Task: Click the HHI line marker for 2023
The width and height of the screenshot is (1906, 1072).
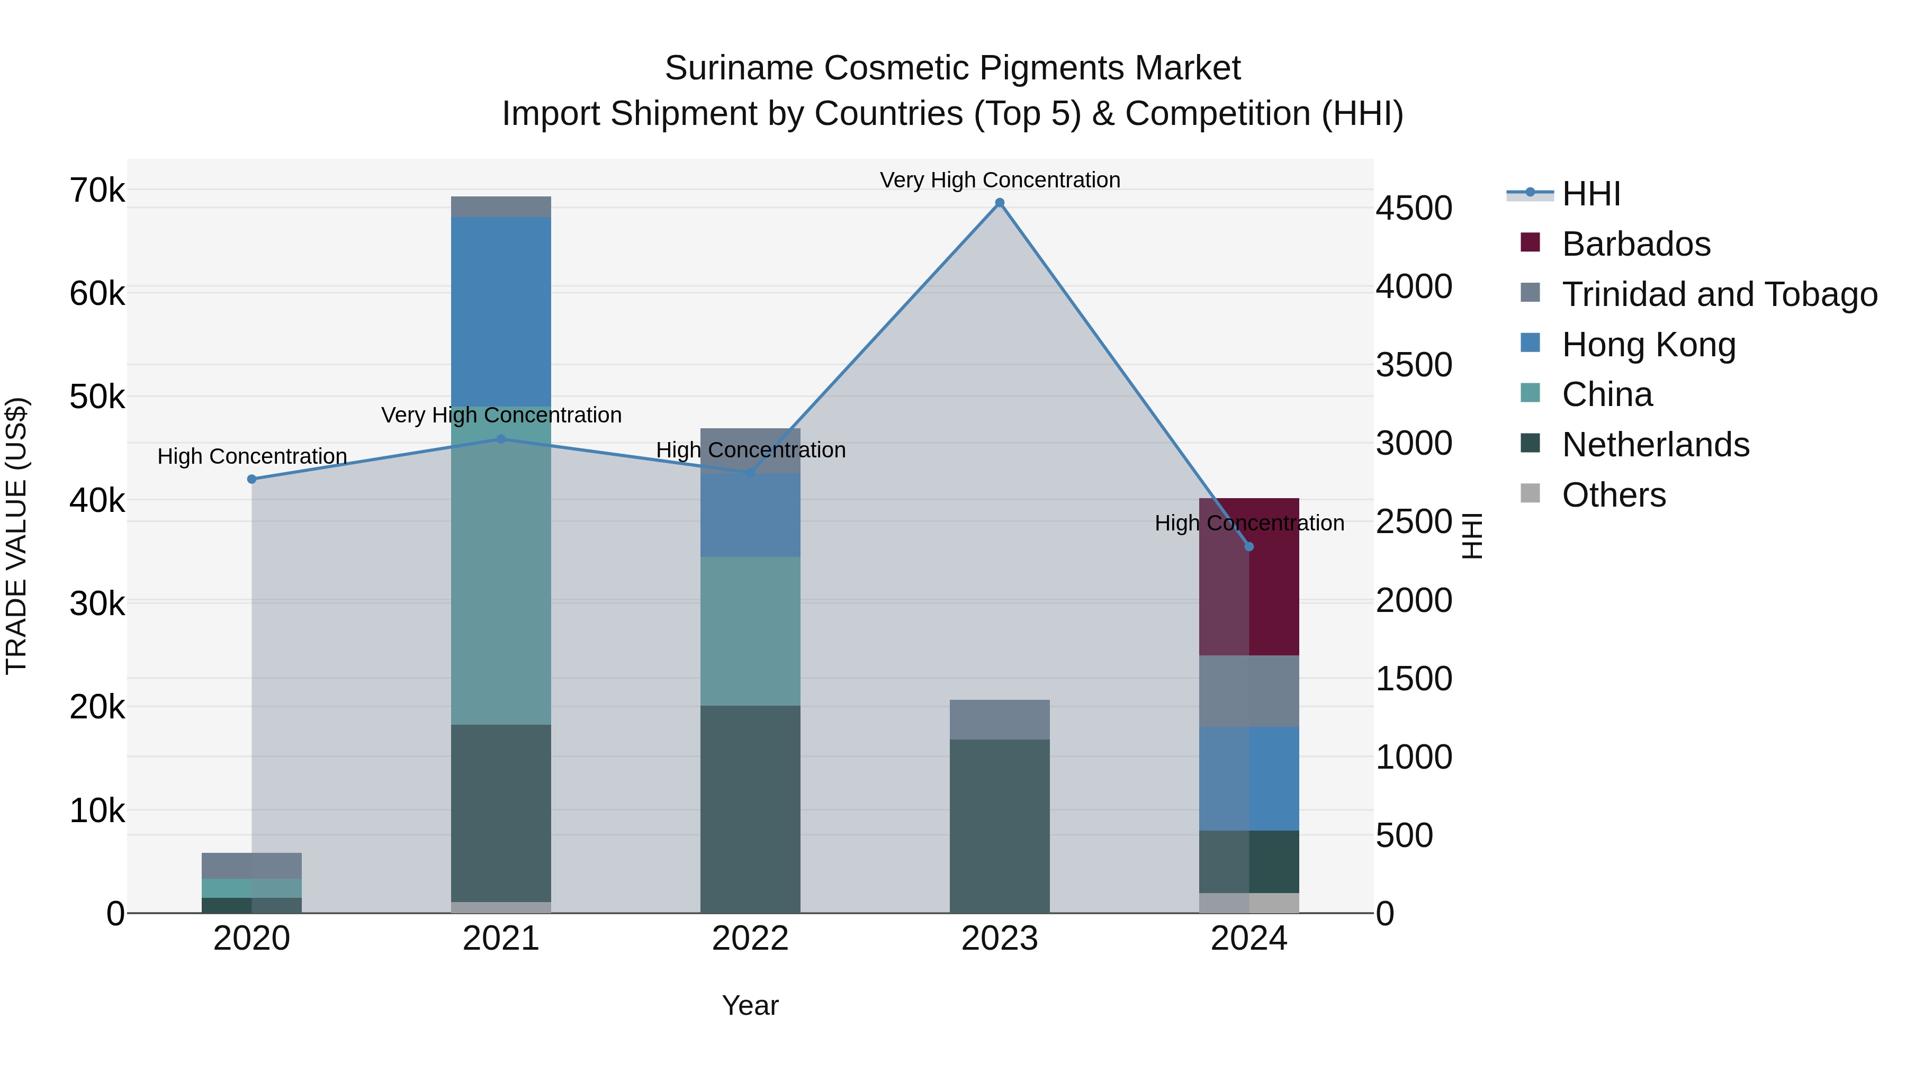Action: (1000, 203)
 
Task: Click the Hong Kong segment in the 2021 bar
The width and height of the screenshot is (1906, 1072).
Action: (501, 311)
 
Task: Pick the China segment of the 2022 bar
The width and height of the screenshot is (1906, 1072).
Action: (750, 630)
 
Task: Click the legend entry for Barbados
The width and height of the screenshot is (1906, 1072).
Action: (1635, 244)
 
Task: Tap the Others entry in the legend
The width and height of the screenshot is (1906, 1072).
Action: (1613, 495)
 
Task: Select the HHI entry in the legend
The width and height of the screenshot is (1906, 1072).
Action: (1591, 194)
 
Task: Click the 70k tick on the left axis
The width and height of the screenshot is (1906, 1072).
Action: (97, 191)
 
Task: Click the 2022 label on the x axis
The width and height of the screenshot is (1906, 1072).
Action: (750, 939)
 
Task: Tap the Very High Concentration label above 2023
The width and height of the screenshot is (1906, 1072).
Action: (1000, 180)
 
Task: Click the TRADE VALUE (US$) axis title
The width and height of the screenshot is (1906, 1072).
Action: (16, 536)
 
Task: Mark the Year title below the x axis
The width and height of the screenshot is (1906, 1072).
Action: (750, 1005)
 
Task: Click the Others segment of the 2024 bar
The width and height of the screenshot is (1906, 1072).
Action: (1249, 903)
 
